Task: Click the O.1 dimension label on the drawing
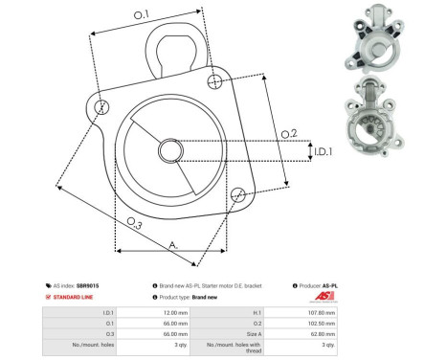[141, 14]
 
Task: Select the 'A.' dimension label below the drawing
[173, 246]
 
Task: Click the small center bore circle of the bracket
[171, 150]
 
